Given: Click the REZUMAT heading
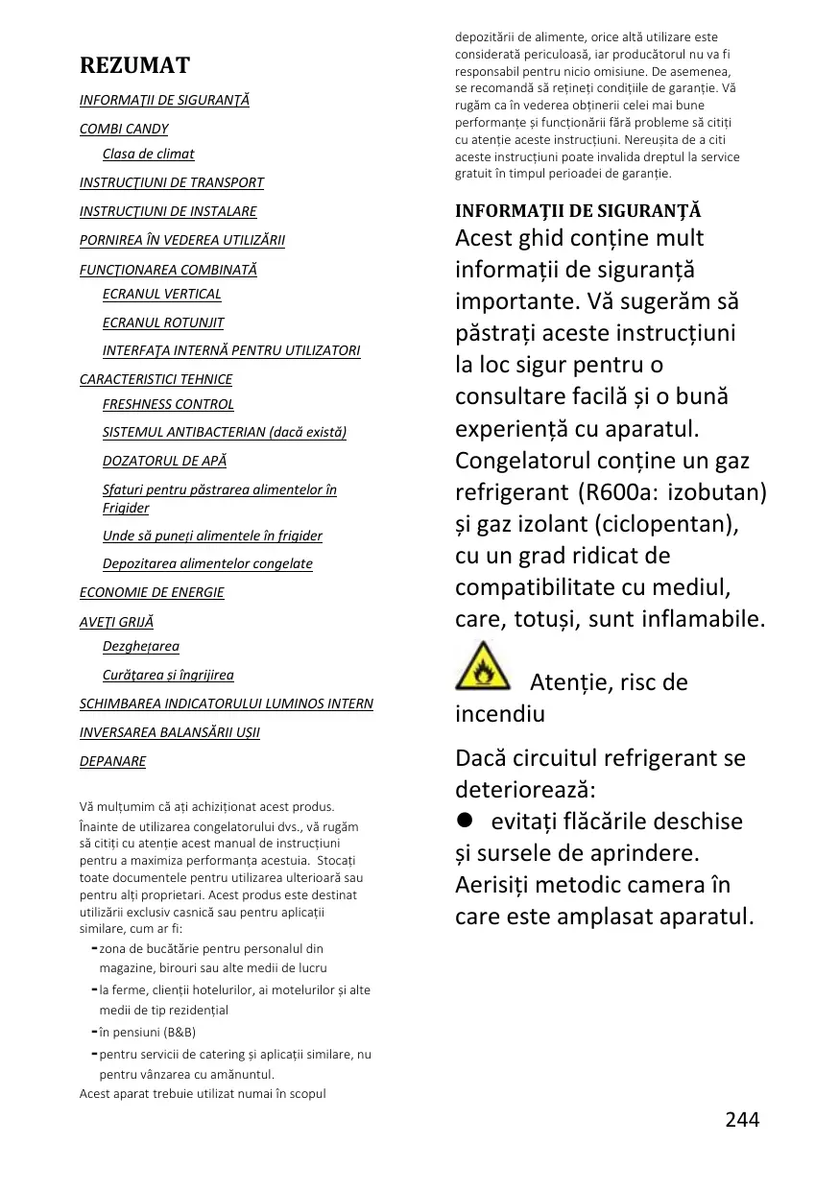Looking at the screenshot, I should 134,65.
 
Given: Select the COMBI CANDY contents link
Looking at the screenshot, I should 124,129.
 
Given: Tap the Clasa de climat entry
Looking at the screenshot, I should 148,154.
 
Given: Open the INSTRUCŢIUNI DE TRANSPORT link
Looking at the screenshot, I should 171,182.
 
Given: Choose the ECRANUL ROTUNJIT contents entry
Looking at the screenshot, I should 163,322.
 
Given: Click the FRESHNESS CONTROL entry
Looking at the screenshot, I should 168,404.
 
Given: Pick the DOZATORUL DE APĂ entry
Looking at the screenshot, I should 164,461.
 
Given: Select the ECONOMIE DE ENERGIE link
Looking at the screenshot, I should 152,592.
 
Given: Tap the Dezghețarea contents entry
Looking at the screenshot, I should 140,646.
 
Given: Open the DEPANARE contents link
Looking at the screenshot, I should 112,761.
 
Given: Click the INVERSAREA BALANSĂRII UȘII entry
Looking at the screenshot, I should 169,732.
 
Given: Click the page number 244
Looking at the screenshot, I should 742,1119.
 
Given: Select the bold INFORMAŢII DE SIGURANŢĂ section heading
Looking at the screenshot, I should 578,211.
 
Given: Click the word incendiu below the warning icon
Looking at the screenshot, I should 499,714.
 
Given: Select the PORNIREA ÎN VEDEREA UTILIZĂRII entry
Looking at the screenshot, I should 181,240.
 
